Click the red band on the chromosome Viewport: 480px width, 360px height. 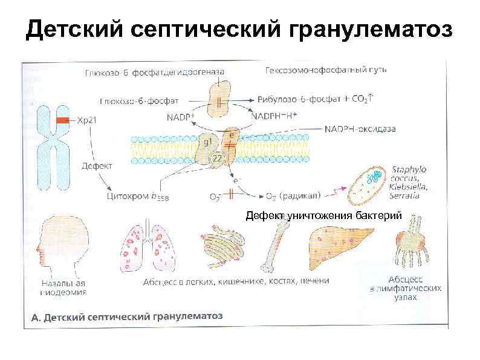[x=60, y=121]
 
